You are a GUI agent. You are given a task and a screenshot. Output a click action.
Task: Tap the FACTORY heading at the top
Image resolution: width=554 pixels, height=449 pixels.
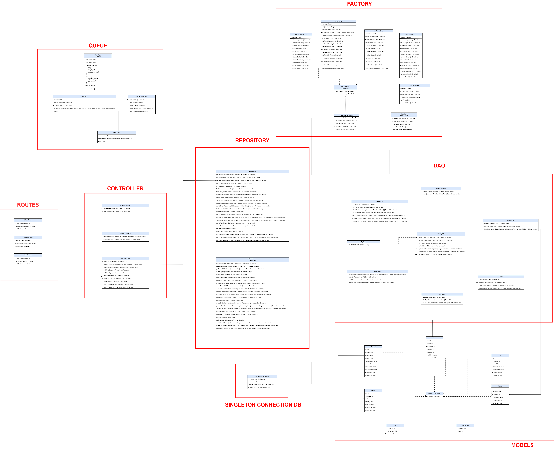(x=359, y=4)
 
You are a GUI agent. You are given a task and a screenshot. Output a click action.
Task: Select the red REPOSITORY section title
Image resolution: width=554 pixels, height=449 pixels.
(x=252, y=140)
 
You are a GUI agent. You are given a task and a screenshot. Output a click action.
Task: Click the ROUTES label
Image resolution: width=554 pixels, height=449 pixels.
(x=28, y=205)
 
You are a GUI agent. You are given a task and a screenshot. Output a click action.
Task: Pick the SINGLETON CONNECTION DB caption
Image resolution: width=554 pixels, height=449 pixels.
(x=263, y=405)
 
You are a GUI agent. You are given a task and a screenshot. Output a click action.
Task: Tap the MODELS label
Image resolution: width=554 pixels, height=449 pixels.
(x=522, y=445)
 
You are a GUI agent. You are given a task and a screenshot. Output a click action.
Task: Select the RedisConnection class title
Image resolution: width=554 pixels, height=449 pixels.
(x=142, y=96)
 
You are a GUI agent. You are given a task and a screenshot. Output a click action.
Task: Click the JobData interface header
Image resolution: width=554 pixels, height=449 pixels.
(x=98, y=56)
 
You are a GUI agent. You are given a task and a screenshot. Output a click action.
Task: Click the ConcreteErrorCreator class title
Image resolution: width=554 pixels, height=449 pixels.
(x=346, y=115)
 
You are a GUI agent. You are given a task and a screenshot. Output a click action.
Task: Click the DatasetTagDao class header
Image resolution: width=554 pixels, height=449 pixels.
(x=441, y=188)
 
